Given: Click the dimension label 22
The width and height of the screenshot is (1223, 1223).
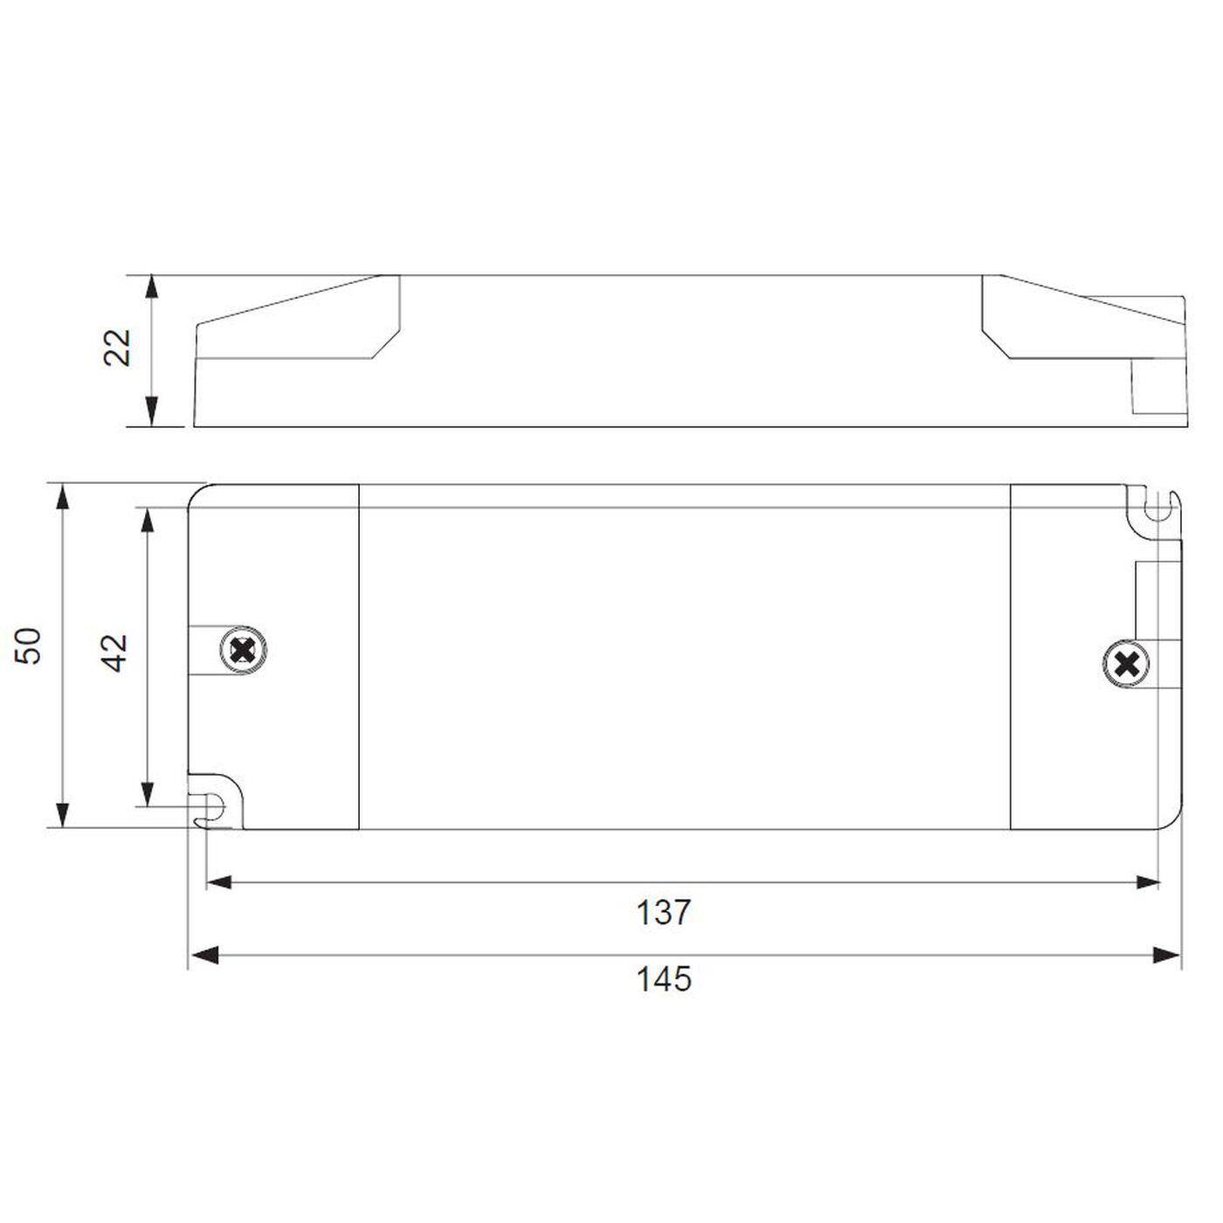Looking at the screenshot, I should coord(117,348).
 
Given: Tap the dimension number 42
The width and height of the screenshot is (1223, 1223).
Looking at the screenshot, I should coord(114,653).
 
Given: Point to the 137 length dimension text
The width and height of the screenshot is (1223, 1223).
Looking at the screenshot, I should coord(663,913).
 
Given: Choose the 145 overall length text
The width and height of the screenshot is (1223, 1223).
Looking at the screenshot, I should coord(663,979).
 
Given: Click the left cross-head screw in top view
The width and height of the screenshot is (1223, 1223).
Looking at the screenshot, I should coord(244,651).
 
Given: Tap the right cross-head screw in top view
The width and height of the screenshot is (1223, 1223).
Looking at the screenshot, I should coord(1127,666).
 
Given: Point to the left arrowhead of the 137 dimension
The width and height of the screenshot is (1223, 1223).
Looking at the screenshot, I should coord(219,882).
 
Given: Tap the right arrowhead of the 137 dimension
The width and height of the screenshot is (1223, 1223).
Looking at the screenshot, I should coord(1147,882).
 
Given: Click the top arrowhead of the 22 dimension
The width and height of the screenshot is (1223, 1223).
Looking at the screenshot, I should coord(152,289).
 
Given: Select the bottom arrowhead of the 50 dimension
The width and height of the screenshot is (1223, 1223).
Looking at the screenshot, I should coord(61,814).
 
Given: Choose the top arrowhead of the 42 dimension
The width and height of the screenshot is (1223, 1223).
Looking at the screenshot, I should coord(148,520).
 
